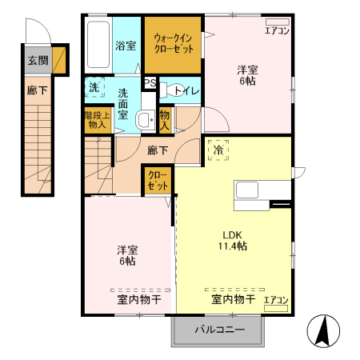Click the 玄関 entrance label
click(x=37, y=60)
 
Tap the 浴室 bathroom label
click(x=126, y=46)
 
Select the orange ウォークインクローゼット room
click(x=174, y=44)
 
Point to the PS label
click(x=150, y=82)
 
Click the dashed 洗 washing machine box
click(x=94, y=86)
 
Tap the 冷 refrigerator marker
click(x=217, y=149)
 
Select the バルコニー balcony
click(x=218, y=329)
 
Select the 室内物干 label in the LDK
click(x=233, y=300)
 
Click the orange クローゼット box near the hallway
click(x=157, y=181)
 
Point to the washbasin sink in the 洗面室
click(x=145, y=121)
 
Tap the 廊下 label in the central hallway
click(x=158, y=149)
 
